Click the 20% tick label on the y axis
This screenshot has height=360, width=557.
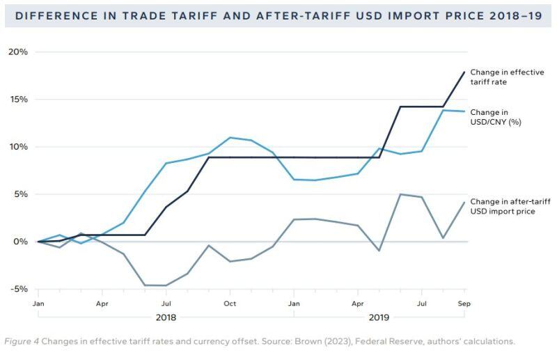tap(18, 52)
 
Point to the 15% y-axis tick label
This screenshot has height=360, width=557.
tap(18, 100)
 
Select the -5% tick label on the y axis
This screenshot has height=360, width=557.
tap(18, 289)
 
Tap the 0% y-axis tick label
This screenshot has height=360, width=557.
tap(21, 242)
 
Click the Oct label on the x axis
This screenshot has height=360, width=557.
tap(230, 304)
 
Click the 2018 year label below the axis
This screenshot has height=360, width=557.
tap(166, 318)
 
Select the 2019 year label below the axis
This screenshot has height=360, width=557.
tap(379, 318)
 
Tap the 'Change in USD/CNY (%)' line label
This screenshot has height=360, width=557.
tap(496, 117)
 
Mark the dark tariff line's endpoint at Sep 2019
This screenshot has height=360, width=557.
tap(464, 72)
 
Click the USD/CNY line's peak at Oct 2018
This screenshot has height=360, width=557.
tap(230, 137)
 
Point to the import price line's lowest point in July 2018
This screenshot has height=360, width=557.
tap(166, 285)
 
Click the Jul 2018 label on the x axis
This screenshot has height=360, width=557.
tap(166, 304)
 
